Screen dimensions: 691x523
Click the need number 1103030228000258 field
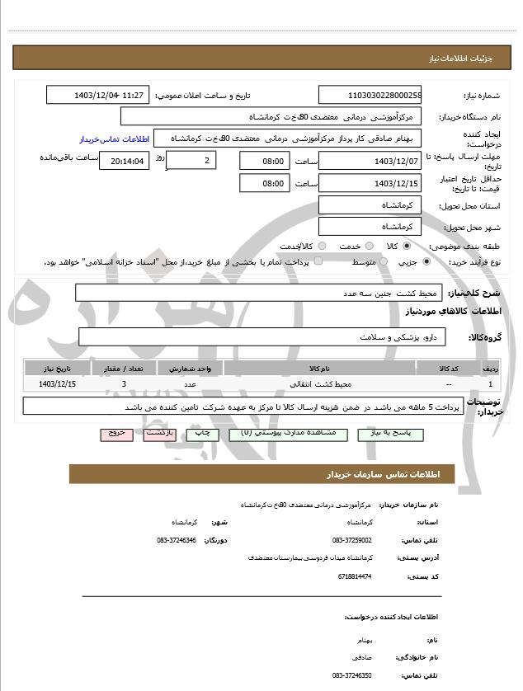click(370, 96)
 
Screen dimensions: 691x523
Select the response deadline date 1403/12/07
click(370, 161)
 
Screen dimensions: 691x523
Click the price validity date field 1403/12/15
click(370, 183)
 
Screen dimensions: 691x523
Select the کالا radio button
click(407, 247)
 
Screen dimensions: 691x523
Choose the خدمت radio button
click(368, 247)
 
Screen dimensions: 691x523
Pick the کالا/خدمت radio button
click(322, 247)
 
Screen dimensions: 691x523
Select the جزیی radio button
click(426, 262)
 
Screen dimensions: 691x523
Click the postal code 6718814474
click(355, 576)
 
